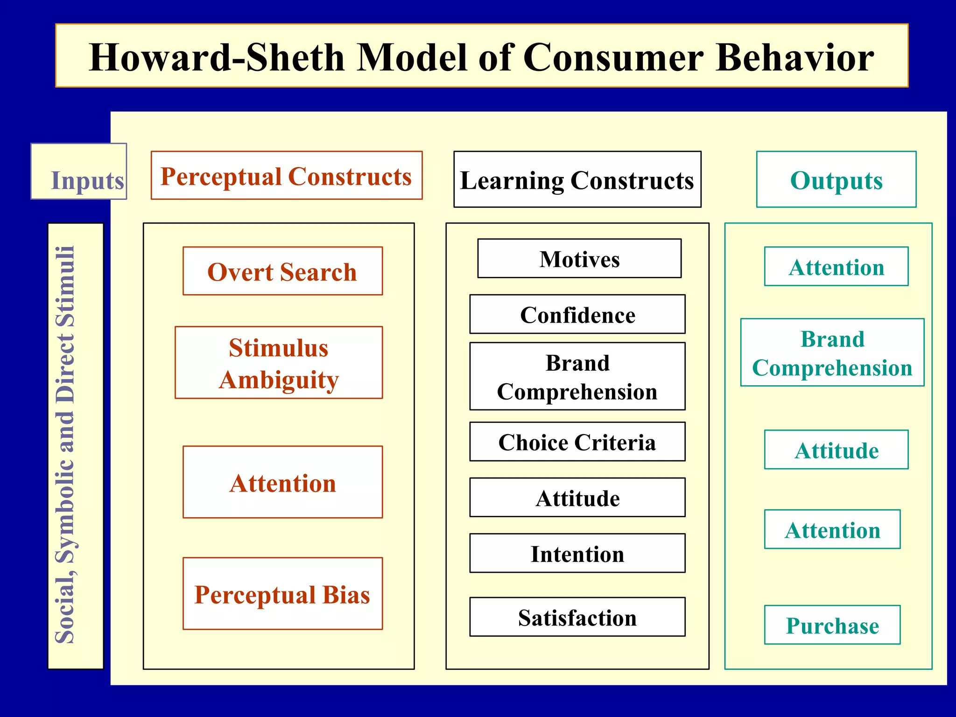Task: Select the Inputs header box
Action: (x=79, y=172)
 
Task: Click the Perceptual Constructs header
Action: (x=286, y=176)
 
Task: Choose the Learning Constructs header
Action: (x=577, y=180)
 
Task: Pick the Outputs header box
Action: (x=836, y=180)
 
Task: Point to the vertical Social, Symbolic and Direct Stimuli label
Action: (x=65, y=445)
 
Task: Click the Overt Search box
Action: (x=282, y=271)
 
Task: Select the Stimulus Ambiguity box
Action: (x=279, y=363)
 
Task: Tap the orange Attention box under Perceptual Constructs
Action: (x=282, y=482)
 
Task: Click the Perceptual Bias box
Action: (x=282, y=594)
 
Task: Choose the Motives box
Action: (x=579, y=259)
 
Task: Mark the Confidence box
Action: (x=577, y=314)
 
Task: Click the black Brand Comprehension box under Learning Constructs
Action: (x=577, y=377)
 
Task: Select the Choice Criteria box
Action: (x=577, y=442)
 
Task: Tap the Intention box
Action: (x=577, y=553)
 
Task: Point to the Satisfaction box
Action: (x=577, y=617)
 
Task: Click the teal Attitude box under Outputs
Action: (x=836, y=450)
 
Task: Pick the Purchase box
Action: (x=832, y=625)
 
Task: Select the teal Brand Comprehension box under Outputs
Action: (x=832, y=353)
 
